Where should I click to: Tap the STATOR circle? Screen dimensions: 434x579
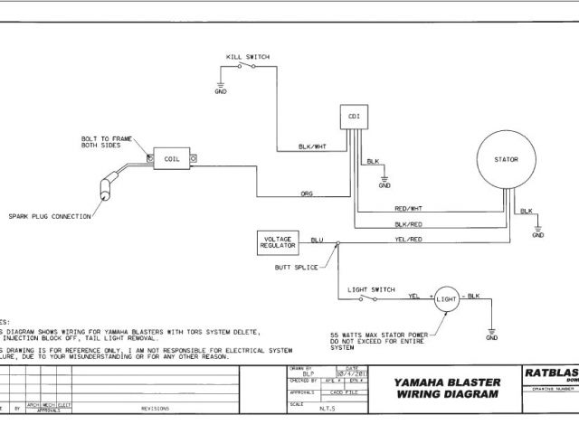506,159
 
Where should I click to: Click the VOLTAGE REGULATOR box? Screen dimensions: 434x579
277,241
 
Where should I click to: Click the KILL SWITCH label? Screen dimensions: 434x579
247,56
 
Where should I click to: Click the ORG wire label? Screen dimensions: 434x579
308,193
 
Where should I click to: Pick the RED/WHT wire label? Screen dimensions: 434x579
409,208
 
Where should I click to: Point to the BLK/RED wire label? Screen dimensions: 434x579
409,222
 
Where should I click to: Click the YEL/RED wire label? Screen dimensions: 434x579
409,240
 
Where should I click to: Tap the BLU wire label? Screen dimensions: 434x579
317,240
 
